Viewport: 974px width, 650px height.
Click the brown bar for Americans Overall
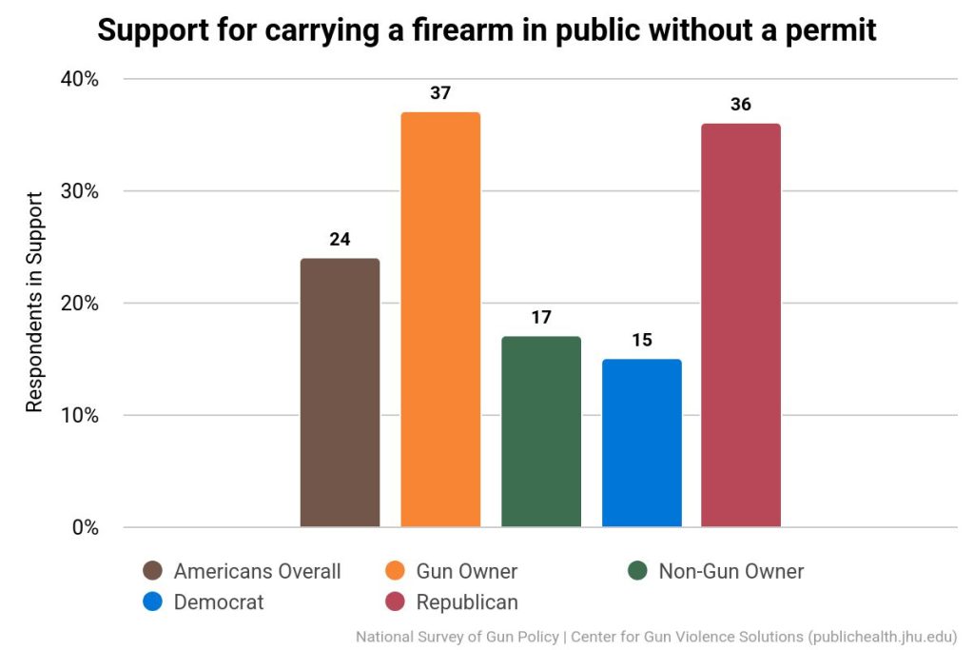(x=340, y=392)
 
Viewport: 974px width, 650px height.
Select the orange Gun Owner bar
(x=440, y=319)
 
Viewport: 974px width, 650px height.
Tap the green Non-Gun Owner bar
(x=541, y=431)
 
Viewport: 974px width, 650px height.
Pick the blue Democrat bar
(x=642, y=443)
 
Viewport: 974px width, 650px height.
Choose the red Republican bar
(x=741, y=325)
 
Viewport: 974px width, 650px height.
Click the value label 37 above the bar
(x=440, y=93)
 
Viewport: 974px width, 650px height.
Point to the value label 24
(x=340, y=240)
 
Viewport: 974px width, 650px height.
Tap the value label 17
(x=541, y=318)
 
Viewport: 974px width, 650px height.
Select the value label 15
(x=642, y=340)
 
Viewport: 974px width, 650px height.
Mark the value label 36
(x=741, y=105)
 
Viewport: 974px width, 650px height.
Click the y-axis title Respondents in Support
(x=34, y=303)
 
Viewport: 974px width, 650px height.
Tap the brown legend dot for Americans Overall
(x=151, y=572)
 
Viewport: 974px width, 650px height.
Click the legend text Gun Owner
(x=466, y=572)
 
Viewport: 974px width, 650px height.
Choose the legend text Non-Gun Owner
(x=730, y=572)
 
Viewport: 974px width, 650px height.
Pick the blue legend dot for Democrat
(x=151, y=602)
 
